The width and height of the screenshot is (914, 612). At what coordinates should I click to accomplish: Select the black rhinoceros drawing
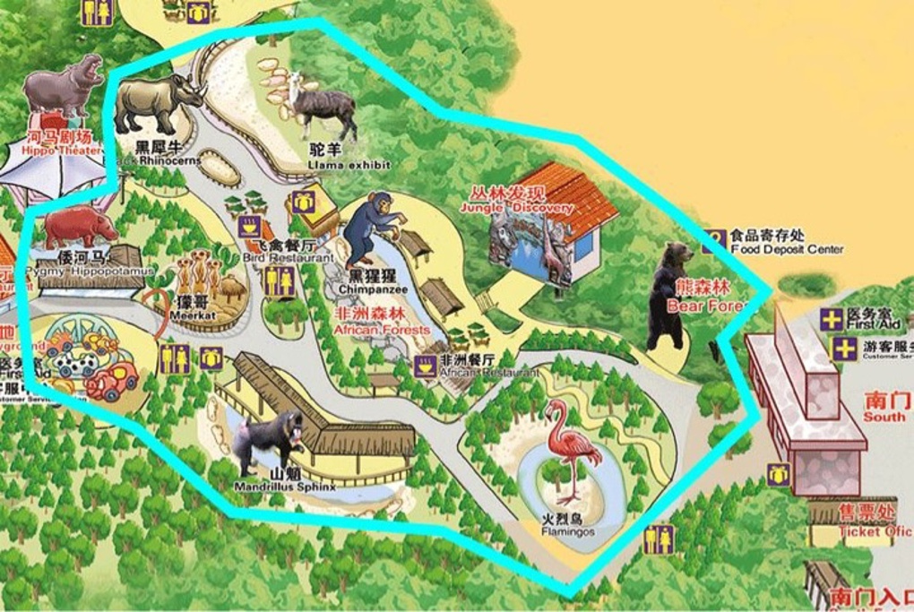point(158,102)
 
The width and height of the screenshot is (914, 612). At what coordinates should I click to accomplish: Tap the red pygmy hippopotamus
point(81,227)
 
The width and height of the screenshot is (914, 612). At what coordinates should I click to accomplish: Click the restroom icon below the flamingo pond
point(659,539)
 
